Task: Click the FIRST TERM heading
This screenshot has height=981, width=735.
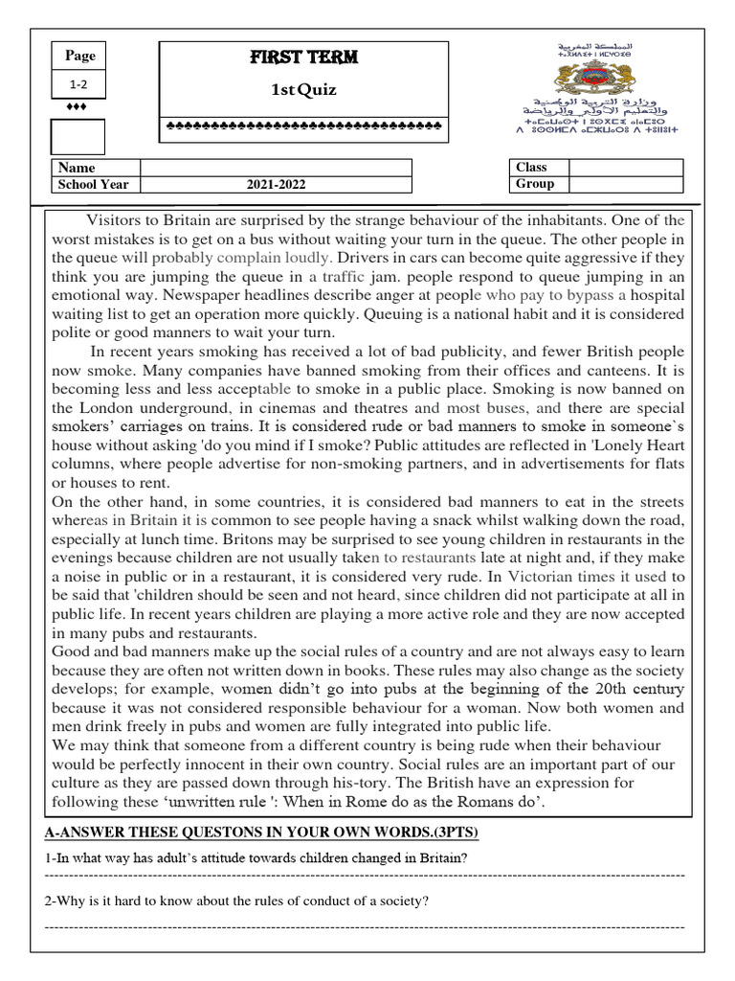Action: tap(302, 57)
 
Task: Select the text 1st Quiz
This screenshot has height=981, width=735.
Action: tap(302, 90)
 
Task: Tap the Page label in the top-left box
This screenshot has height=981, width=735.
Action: tap(80, 56)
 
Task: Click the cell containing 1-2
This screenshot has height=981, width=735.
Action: tap(80, 83)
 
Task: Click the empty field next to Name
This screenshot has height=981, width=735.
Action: tap(277, 168)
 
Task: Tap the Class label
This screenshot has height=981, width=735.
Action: tap(531, 167)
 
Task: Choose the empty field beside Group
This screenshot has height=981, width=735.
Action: tap(626, 184)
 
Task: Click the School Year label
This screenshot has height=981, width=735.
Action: tap(94, 185)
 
